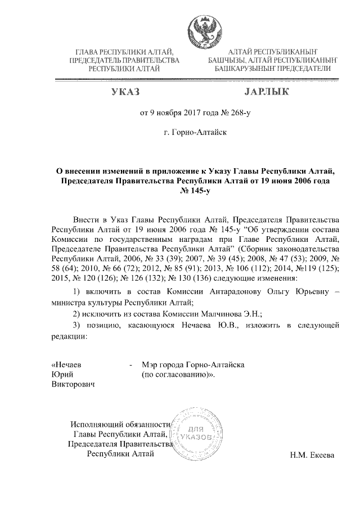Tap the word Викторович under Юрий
(73, 385)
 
